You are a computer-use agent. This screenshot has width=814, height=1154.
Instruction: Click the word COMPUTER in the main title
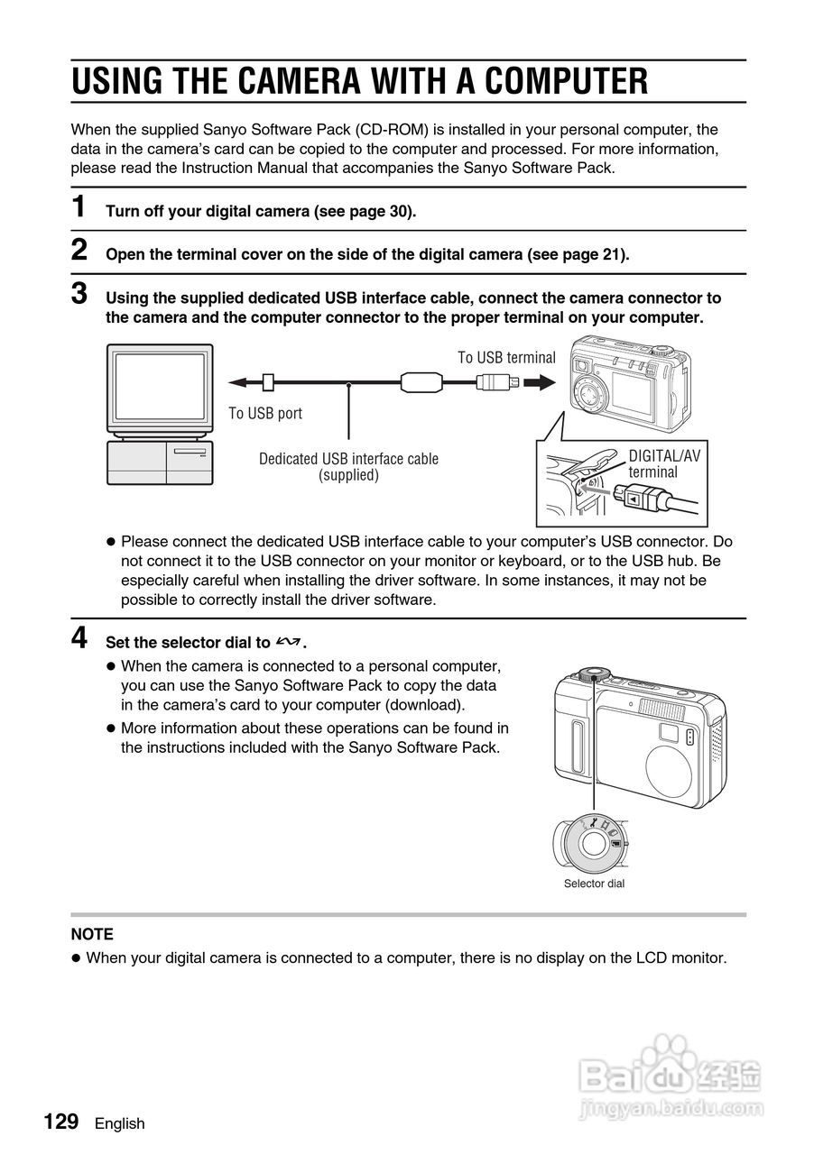(566, 81)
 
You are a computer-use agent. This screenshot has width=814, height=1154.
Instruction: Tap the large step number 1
(80, 206)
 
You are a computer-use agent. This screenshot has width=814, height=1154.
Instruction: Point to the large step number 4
(80, 638)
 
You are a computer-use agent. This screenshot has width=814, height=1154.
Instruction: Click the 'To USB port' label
(265, 413)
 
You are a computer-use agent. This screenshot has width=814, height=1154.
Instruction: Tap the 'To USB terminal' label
(506, 358)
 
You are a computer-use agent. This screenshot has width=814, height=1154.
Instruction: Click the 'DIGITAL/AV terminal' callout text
(663, 463)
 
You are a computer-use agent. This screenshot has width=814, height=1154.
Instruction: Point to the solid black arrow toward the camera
(539, 382)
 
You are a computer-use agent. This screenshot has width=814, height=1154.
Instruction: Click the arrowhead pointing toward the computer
(236, 382)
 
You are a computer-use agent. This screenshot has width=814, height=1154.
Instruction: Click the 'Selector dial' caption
(594, 884)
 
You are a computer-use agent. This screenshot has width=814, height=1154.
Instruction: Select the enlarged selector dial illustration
(592, 844)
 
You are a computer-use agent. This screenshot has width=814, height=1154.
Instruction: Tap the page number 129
(61, 1122)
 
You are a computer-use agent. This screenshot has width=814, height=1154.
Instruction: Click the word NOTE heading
(92, 934)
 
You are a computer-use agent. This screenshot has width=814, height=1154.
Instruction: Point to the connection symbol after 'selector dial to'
(289, 642)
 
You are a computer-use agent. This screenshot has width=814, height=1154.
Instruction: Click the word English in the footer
(119, 1123)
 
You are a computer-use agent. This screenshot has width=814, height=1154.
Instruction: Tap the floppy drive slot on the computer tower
(189, 450)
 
